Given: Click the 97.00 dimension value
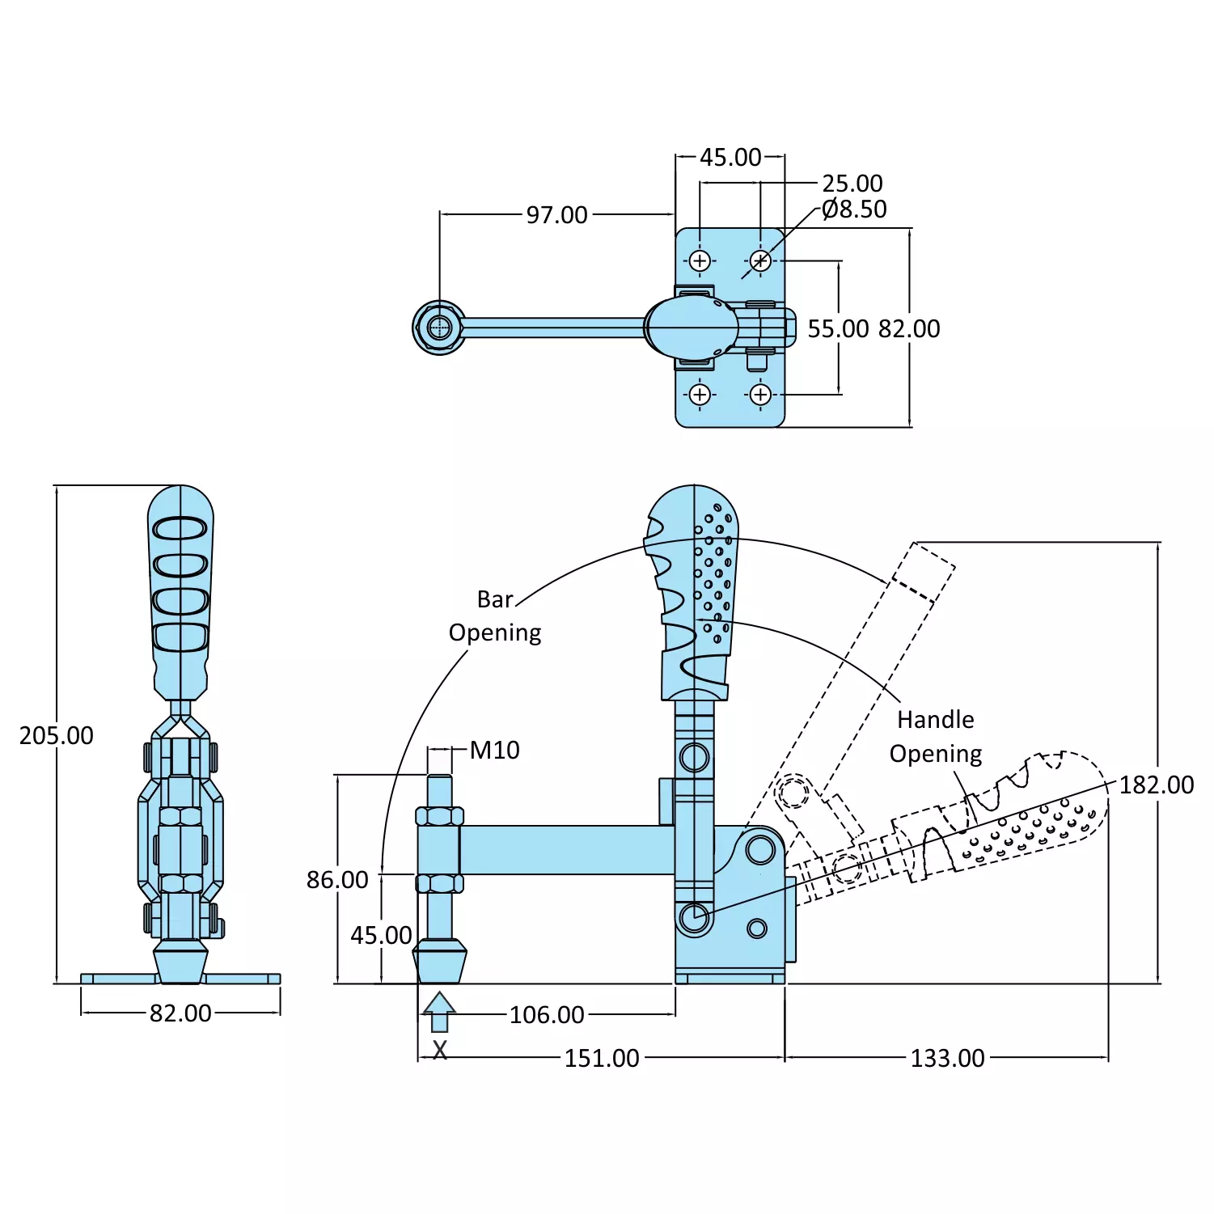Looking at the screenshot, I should (556, 215).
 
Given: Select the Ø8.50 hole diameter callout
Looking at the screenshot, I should (854, 209).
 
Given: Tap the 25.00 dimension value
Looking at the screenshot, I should (852, 184).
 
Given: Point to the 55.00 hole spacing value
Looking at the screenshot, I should (838, 329).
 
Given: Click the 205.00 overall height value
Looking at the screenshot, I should (57, 736).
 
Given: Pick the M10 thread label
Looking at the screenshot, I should (494, 751).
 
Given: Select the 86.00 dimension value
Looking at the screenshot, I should (337, 880).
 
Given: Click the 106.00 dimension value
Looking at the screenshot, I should (547, 1015).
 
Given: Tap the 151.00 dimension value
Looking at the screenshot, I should (602, 1059).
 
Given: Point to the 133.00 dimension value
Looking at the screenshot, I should (947, 1059).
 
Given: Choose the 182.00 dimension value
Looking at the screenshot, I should (1157, 785).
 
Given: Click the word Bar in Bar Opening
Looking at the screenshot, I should (495, 600).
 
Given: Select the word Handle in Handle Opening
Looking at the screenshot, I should (936, 720).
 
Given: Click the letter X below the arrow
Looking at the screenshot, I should (439, 1051).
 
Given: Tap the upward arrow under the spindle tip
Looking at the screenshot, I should (439, 1011).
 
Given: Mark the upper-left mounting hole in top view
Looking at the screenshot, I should (700, 260).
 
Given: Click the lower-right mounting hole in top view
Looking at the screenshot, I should (760, 395).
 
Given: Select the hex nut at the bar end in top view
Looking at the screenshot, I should (439, 328).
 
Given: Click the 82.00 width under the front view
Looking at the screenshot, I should (180, 1013).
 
